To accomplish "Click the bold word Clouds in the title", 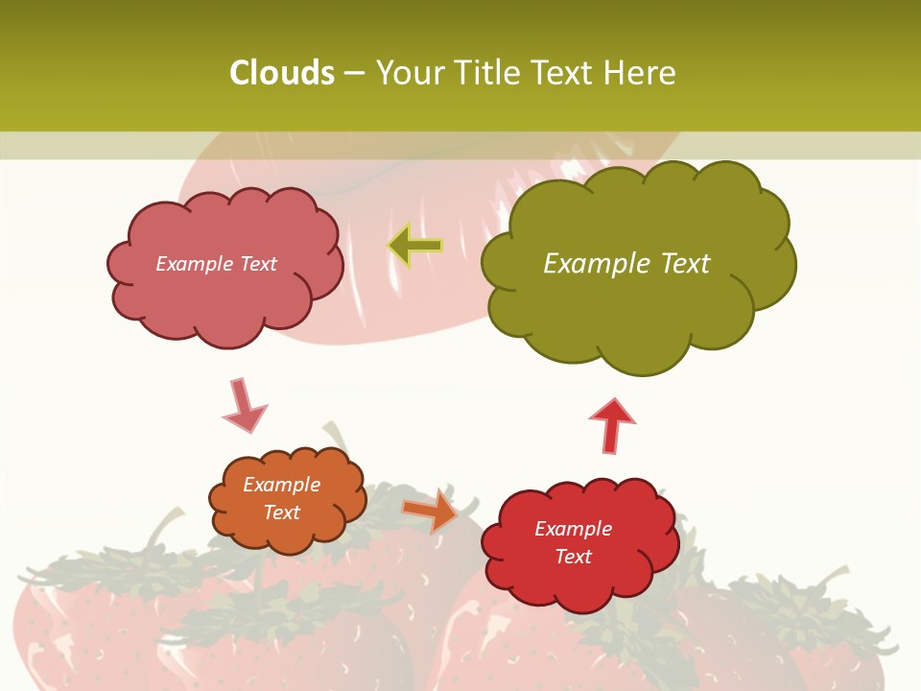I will pos(282,73).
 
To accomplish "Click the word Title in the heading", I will pos(485,73).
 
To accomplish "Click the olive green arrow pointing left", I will pos(414,246).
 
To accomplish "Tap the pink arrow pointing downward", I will pos(244,406).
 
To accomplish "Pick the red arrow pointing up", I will pos(612,425).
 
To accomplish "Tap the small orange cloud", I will pos(286,499).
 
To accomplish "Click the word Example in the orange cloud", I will pos(282,485).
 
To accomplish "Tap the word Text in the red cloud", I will pos(573,557).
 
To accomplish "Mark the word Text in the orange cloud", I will pos(282,512).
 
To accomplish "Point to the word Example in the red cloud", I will pos(573,529).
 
